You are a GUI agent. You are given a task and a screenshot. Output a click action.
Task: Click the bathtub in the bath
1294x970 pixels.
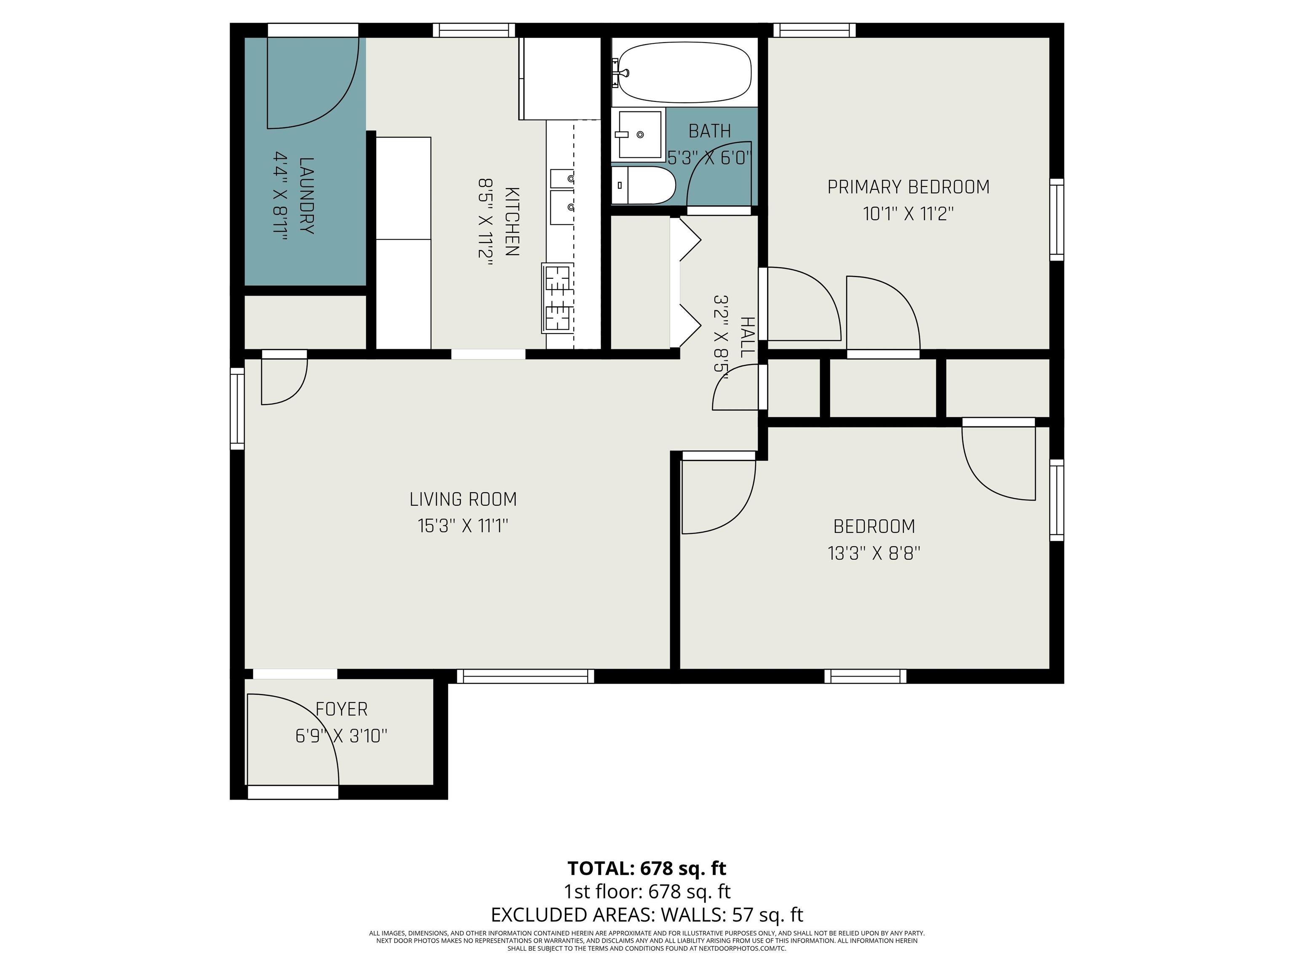(684, 72)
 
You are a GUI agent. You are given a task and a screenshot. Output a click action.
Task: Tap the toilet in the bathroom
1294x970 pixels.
(644, 185)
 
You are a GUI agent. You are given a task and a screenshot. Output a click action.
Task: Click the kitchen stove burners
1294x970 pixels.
(558, 298)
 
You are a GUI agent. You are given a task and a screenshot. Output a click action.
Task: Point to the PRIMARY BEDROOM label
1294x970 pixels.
(909, 187)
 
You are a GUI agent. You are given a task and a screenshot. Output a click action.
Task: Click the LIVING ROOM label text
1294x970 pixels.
(463, 499)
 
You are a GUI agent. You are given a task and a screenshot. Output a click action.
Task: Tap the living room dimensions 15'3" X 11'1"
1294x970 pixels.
(463, 526)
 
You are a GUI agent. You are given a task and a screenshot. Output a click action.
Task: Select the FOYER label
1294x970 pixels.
(342, 709)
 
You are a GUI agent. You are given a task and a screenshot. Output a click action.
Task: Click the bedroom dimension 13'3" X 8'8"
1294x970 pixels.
(874, 553)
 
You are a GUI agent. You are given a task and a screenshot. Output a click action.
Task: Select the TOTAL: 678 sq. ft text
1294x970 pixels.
(647, 868)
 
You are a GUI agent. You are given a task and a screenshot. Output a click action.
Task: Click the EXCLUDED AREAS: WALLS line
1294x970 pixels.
(647, 914)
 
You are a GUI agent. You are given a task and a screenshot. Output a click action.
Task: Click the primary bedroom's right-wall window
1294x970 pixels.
(1056, 219)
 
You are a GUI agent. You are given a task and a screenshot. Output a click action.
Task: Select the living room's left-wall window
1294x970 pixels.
(237, 409)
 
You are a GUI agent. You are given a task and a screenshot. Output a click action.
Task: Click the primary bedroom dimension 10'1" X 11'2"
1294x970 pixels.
(909, 214)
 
